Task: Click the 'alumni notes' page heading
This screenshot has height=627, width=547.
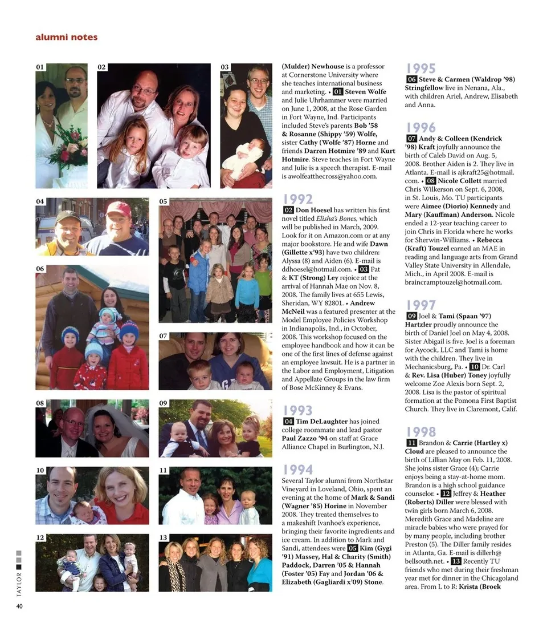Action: click(x=66, y=37)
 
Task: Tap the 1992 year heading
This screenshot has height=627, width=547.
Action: click(x=297, y=199)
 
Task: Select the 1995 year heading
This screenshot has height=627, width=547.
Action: click(x=421, y=68)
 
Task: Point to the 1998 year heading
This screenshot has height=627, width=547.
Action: click(x=421, y=431)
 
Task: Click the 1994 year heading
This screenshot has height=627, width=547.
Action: click(x=297, y=469)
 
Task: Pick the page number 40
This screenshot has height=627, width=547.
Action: click(x=19, y=606)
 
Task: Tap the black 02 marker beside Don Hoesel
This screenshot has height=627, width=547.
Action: click(x=288, y=210)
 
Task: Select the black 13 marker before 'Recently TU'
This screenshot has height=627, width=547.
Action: click(x=456, y=561)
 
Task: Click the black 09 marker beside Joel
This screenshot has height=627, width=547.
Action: click(x=411, y=316)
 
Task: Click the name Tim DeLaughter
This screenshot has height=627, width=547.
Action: click(x=321, y=422)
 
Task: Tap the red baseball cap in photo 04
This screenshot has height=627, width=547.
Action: click(x=119, y=209)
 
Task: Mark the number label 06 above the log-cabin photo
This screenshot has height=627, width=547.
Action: click(x=40, y=268)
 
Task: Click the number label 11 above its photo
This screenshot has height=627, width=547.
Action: click(x=163, y=471)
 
